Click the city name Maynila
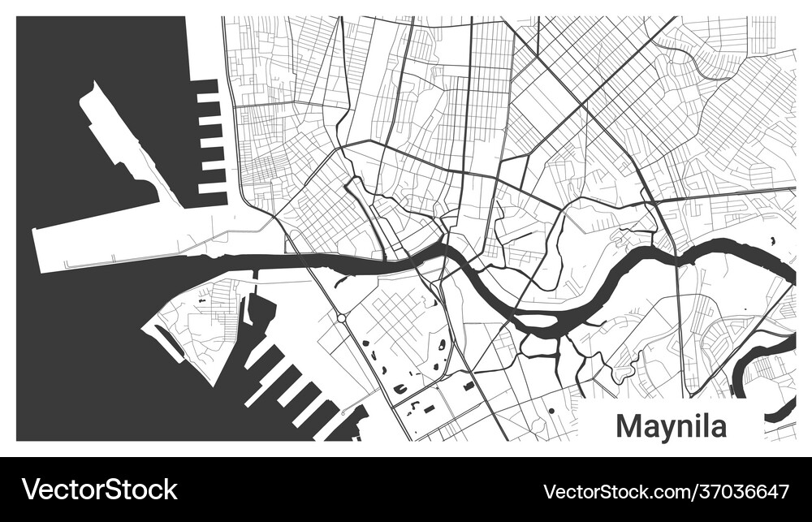coord(671,425)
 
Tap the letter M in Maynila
coord(628,425)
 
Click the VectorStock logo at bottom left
coord(99,490)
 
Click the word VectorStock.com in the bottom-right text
coord(614,491)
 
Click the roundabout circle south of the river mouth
coord(343,317)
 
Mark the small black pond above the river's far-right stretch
coord(771,241)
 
